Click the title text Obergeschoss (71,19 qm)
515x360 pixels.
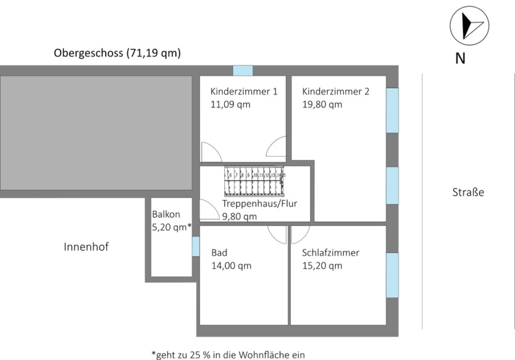pyautogui.click(x=117, y=53)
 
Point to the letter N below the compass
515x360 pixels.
pyautogui.click(x=460, y=59)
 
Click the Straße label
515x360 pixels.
pyautogui.click(x=468, y=193)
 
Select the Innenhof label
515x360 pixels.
pyautogui.click(x=86, y=247)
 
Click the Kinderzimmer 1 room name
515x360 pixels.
pyautogui.click(x=244, y=91)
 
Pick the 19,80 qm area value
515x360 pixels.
pyautogui.click(x=322, y=104)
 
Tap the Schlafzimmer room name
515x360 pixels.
pyautogui.click(x=330, y=253)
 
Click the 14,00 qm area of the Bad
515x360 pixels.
pyautogui.click(x=231, y=266)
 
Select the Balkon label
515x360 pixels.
pyautogui.click(x=166, y=214)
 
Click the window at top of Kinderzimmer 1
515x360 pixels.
pyautogui.click(x=243, y=70)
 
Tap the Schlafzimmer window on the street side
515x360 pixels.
pyautogui.click(x=392, y=275)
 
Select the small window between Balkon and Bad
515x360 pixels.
pyautogui.click(x=196, y=246)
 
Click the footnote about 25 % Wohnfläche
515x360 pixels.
pyautogui.click(x=228, y=354)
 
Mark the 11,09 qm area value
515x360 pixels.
pyautogui.click(x=230, y=104)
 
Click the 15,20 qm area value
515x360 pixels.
pyautogui.click(x=322, y=266)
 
